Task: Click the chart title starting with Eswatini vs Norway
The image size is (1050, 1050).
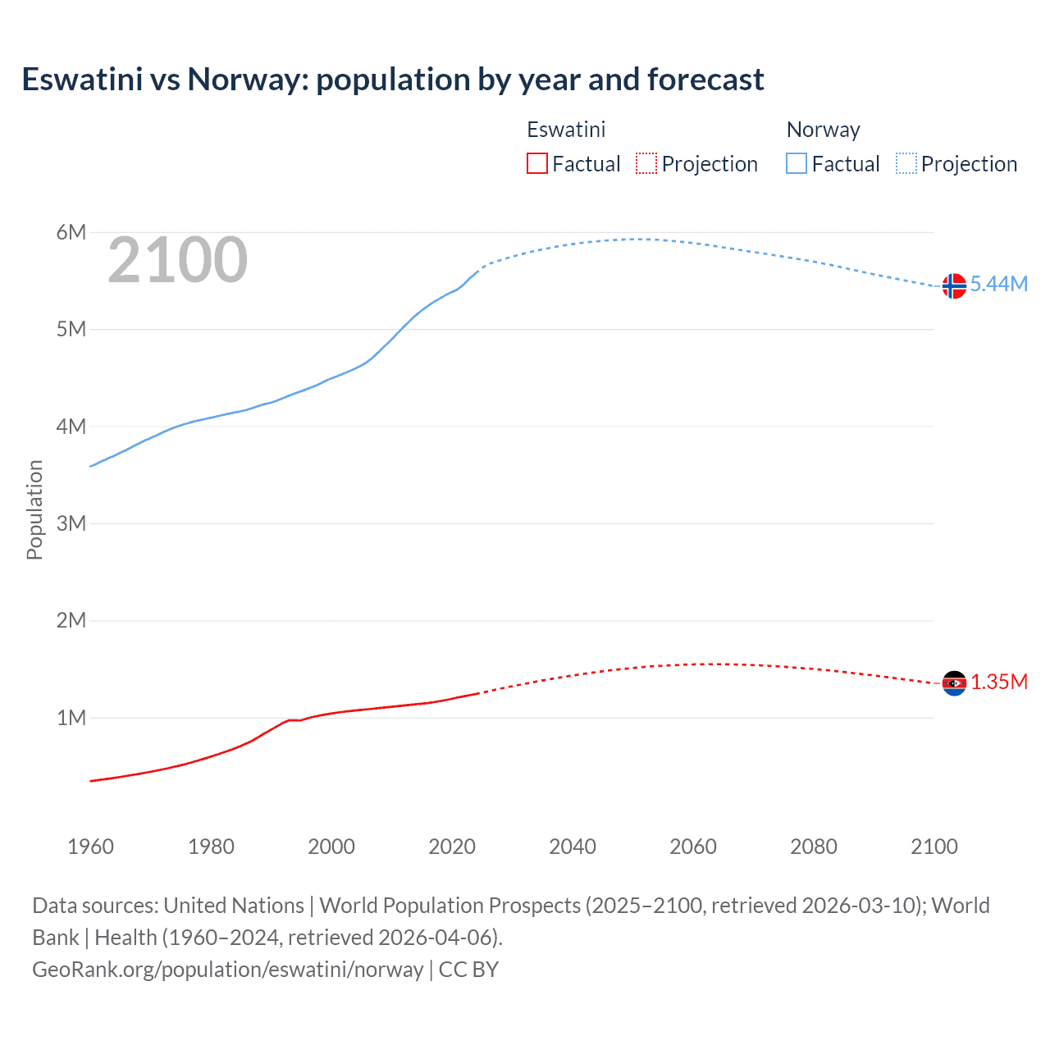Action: pos(393,80)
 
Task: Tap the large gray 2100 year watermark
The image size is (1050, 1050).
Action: pos(177,260)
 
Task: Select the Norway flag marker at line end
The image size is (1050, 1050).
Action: pos(953,285)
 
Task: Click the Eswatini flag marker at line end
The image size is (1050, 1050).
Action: pos(953,682)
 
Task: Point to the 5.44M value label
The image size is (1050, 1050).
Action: pos(998,284)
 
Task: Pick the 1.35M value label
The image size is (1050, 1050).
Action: pos(998,682)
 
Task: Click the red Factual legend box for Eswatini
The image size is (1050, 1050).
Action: pos(536,164)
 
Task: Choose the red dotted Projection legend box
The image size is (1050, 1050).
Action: pos(646,164)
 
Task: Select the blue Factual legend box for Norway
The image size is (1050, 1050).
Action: pos(796,164)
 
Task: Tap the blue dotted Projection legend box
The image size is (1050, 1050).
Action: pos(906,164)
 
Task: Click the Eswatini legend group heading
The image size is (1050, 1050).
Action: pos(566,130)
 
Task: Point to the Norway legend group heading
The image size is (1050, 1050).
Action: pos(823,130)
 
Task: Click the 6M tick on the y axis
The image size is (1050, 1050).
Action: pos(71,232)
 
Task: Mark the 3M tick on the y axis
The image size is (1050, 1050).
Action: pos(71,523)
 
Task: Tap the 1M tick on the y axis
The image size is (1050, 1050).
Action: pos(71,718)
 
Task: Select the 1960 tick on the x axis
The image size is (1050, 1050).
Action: pos(90,847)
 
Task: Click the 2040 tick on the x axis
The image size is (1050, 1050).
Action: pos(573,847)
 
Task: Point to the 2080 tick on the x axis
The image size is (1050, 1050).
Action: pos(814,847)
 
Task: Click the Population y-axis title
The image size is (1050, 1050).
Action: pos(34,509)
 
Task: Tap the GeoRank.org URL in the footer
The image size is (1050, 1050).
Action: pos(227,970)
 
